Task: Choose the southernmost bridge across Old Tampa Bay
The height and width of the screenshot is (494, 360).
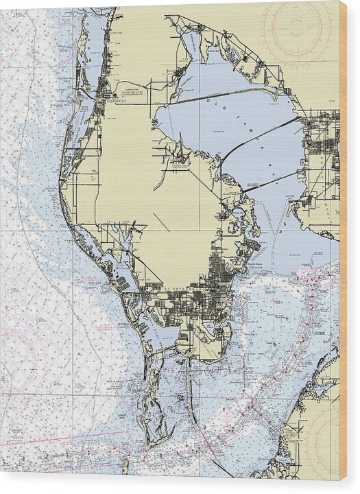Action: coord(270,182)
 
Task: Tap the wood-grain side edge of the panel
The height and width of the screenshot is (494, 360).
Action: coord(344,247)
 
